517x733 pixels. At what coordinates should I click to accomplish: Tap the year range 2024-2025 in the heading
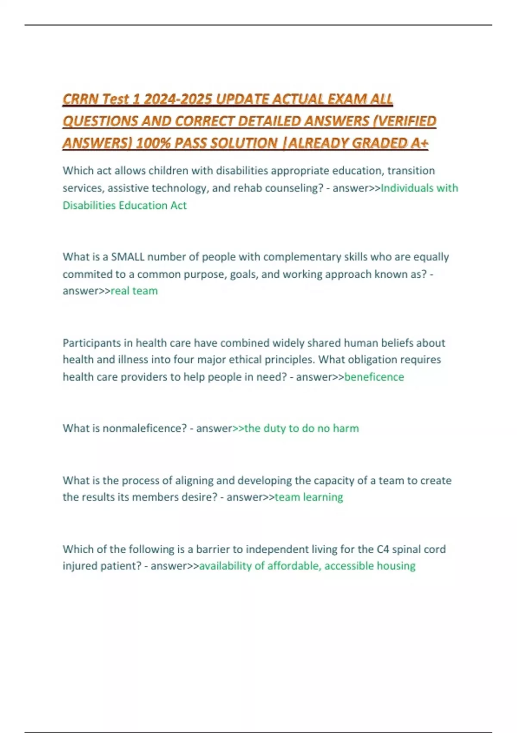click(178, 100)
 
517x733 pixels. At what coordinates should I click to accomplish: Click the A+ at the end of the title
click(419, 143)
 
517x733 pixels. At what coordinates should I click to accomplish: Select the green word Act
click(178, 205)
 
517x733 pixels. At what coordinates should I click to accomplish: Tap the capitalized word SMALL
click(128, 257)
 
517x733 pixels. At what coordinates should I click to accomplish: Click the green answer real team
click(134, 291)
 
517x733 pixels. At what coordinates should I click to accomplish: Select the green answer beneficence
click(374, 377)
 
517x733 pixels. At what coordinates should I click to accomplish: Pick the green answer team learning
click(309, 497)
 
